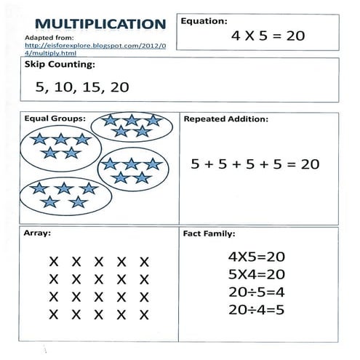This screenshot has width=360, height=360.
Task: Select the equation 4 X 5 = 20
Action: (268, 35)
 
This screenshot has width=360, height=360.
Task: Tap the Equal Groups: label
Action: (55, 118)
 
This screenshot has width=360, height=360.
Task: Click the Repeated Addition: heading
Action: (226, 118)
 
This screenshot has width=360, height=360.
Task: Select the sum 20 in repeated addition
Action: (310, 164)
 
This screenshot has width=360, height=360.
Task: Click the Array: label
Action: (37, 236)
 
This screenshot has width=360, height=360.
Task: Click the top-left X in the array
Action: (53, 261)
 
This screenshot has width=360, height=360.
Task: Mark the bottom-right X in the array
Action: (144, 314)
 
